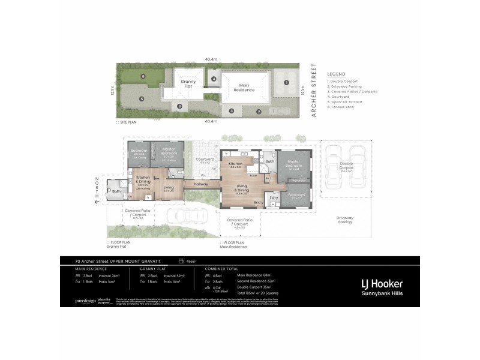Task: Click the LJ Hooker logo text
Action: pos(381,283)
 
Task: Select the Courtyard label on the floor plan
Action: pos(205,160)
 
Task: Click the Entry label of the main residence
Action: pos(259,203)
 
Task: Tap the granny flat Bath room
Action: pos(116,191)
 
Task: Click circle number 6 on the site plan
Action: pos(143,76)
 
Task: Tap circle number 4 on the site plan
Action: pos(213,79)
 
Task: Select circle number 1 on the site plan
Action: pos(287,83)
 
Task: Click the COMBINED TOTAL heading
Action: pos(221,269)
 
